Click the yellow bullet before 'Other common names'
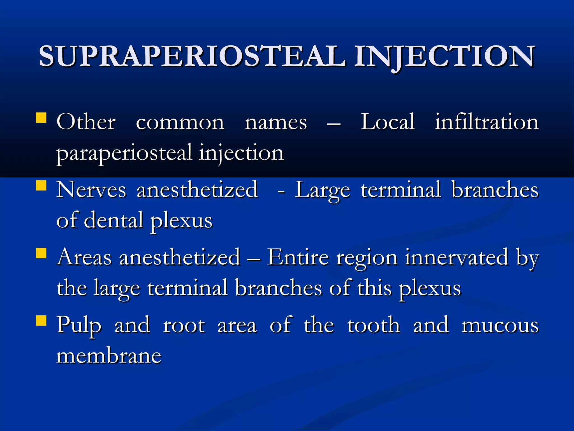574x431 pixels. pyautogui.click(x=41, y=118)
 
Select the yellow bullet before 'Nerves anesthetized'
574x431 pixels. pyautogui.click(x=41, y=185)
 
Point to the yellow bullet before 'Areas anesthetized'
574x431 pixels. pyautogui.click(x=41, y=253)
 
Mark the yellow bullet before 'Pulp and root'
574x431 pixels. pyautogui.click(x=41, y=320)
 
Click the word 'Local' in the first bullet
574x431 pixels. pyautogui.click(x=387, y=122)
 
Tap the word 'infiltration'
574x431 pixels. pyautogui.click(x=487, y=122)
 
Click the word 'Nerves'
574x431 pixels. pyautogui.click(x=91, y=190)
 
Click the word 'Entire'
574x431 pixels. pyautogui.click(x=298, y=257)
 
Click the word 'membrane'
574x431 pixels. pyautogui.click(x=109, y=356)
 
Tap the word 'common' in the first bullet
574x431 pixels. pyautogui.click(x=180, y=123)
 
